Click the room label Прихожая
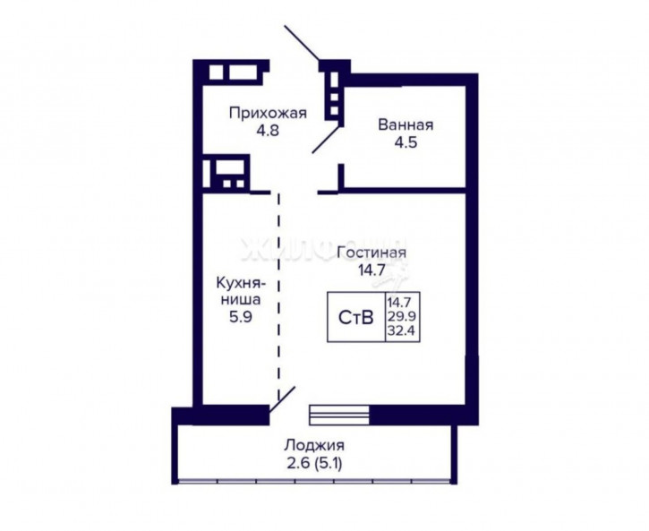[268, 113]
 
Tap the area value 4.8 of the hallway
[268, 129]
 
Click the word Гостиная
[371, 253]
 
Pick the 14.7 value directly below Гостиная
[371, 269]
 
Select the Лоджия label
[314, 445]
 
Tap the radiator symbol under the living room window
[333, 414]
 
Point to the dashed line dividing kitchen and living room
[278, 295]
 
